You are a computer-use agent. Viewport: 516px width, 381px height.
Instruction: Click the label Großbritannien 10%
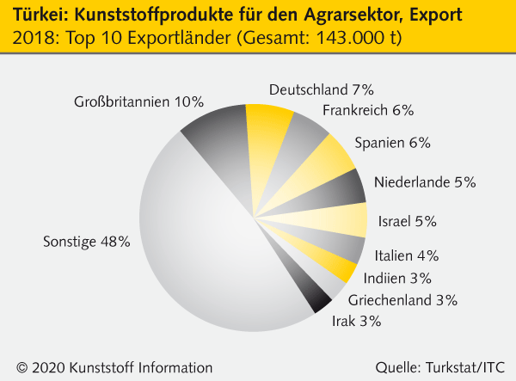click(138, 101)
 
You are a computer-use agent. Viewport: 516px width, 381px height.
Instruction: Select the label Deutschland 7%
click(321, 89)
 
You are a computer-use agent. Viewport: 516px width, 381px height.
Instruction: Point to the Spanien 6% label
click(393, 142)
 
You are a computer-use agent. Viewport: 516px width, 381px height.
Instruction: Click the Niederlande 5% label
click(425, 181)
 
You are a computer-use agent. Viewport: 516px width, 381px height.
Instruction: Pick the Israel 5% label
click(408, 221)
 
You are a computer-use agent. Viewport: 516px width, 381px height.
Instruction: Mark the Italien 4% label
click(407, 255)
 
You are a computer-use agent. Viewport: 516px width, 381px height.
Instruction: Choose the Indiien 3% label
click(397, 278)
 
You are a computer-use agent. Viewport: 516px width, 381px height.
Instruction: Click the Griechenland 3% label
click(402, 300)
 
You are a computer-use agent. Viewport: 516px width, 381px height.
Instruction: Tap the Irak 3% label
click(356, 322)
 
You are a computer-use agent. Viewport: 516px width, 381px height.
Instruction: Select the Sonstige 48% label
click(87, 242)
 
